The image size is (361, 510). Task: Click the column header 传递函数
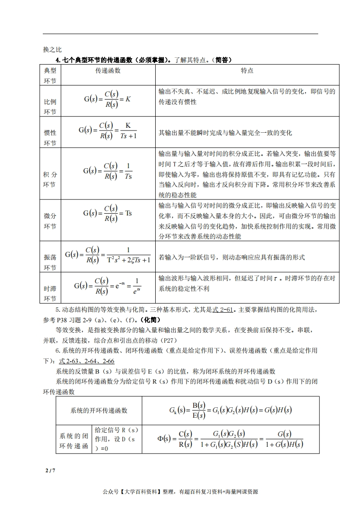pos(107,71)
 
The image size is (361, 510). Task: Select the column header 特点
pos(247,71)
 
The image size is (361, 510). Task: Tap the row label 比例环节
pos(50,106)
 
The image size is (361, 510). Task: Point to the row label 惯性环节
pos(50,138)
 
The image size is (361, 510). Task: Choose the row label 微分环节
pos(50,220)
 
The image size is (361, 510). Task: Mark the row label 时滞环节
pos(50,294)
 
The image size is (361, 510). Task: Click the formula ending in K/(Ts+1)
pos(107,130)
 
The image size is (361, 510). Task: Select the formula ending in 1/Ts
pos(107,171)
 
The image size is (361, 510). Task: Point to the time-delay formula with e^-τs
pos(107,286)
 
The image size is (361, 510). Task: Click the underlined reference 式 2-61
pos(223,310)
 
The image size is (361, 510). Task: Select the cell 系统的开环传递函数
pos(99,410)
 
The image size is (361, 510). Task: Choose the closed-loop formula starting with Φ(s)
pos(230,439)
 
